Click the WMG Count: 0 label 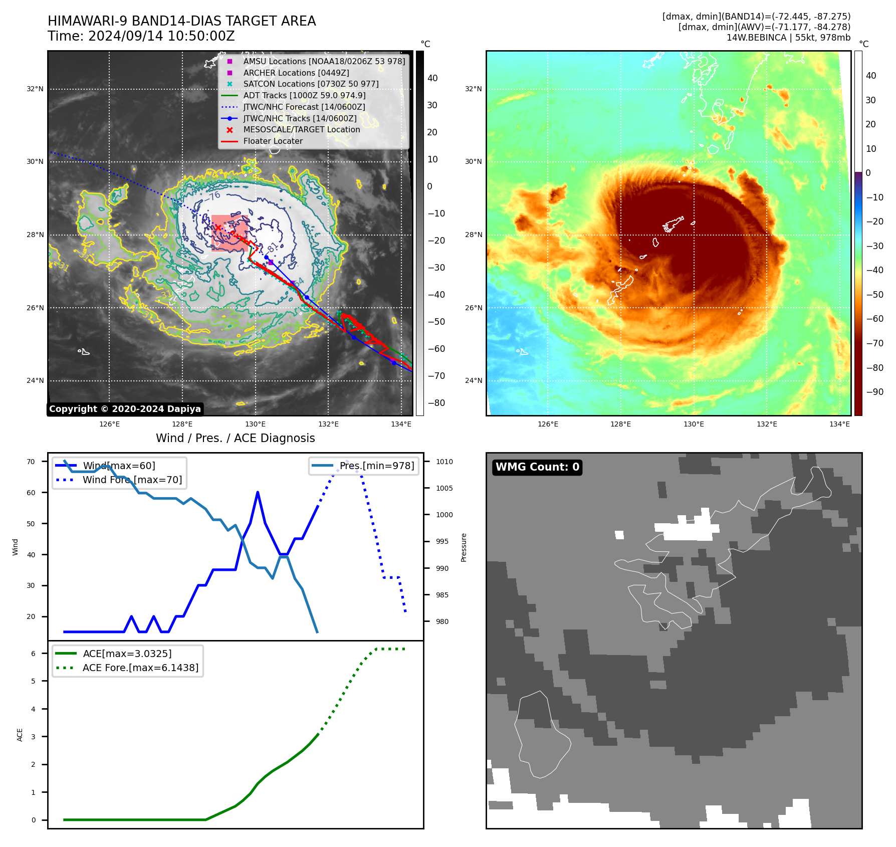537,467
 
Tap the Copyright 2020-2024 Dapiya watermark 125,409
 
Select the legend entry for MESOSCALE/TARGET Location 301,130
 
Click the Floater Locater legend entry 273,141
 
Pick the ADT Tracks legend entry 304,96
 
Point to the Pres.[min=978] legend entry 376,466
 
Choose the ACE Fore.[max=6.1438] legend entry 140,668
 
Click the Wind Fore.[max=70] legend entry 132,480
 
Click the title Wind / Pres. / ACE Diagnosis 235,438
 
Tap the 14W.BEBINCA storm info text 788,38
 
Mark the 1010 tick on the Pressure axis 444,462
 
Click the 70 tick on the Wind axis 31,462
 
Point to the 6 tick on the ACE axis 33,654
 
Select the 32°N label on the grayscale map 35,89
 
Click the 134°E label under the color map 839,425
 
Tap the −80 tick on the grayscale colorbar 436,403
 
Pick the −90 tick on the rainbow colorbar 874,392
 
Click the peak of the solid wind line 258,492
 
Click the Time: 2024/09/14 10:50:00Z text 141,37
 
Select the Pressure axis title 464,547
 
